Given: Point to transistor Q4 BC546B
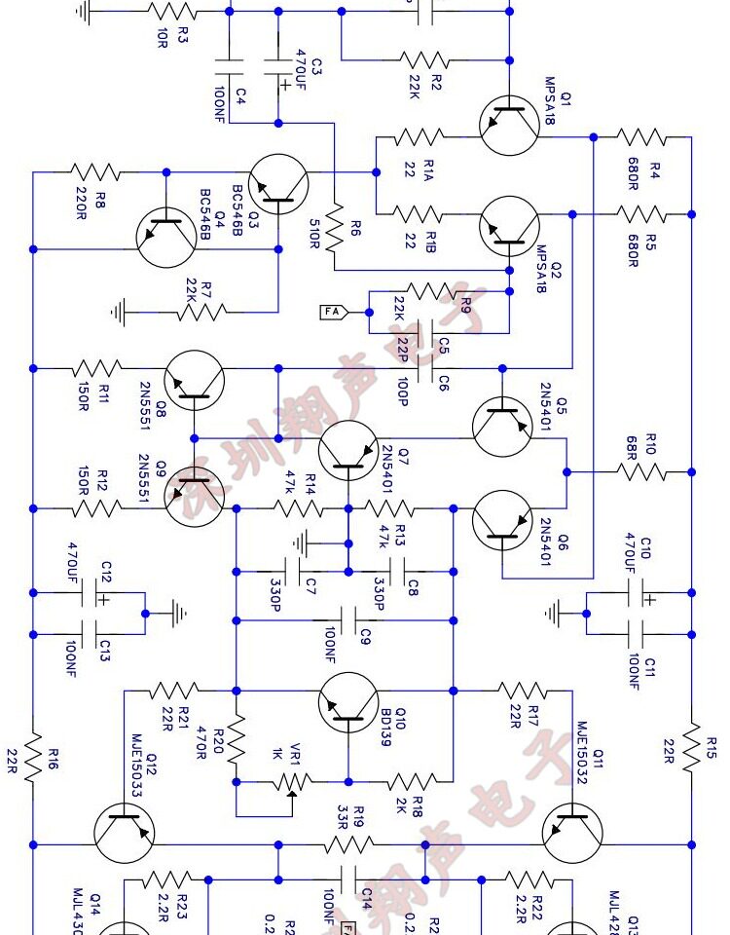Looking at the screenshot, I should coord(166,238).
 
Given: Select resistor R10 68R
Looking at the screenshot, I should coord(640,471).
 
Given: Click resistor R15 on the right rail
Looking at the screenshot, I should coord(692,747).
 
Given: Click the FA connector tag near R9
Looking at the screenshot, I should coord(333,312).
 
